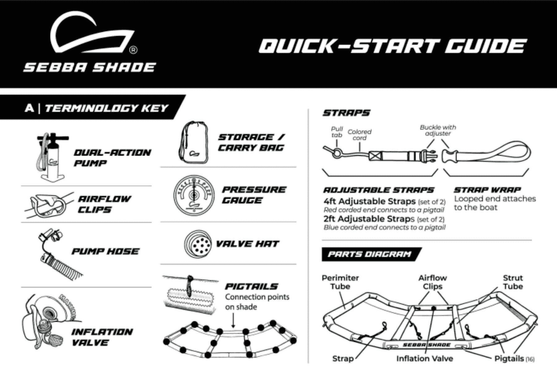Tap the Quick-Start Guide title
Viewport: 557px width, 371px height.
[x=392, y=46]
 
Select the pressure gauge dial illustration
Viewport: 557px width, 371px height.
[x=194, y=195]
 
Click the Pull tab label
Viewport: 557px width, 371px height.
[x=337, y=132]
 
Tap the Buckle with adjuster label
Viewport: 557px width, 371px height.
[x=438, y=130]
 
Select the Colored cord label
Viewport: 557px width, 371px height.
[x=359, y=135]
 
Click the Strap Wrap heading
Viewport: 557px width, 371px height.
[x=487, y=190]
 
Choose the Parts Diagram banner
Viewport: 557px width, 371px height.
[x=369, y=254]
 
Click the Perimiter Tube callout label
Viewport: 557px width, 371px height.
[x=340, y=282]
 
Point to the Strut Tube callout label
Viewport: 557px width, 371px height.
[x=513, y=282]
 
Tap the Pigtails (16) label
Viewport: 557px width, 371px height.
[x=514, y=359]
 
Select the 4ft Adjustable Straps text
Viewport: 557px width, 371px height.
[x=369, y=202]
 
